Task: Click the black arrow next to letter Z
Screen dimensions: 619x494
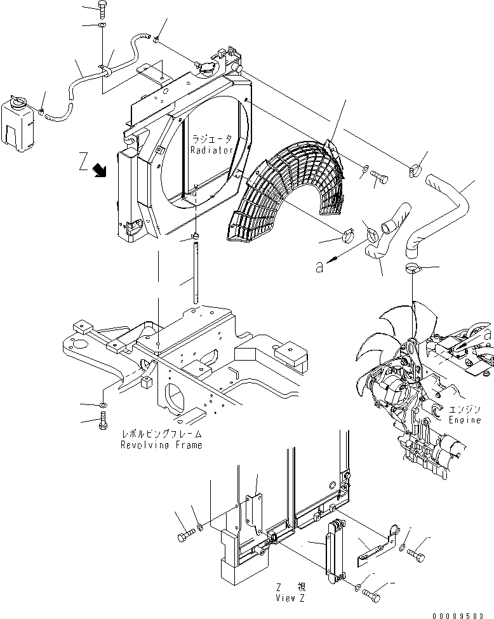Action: point(99,169)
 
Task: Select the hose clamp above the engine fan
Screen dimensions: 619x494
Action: point(412,267)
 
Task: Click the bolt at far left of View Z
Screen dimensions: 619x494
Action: point(184,535)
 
